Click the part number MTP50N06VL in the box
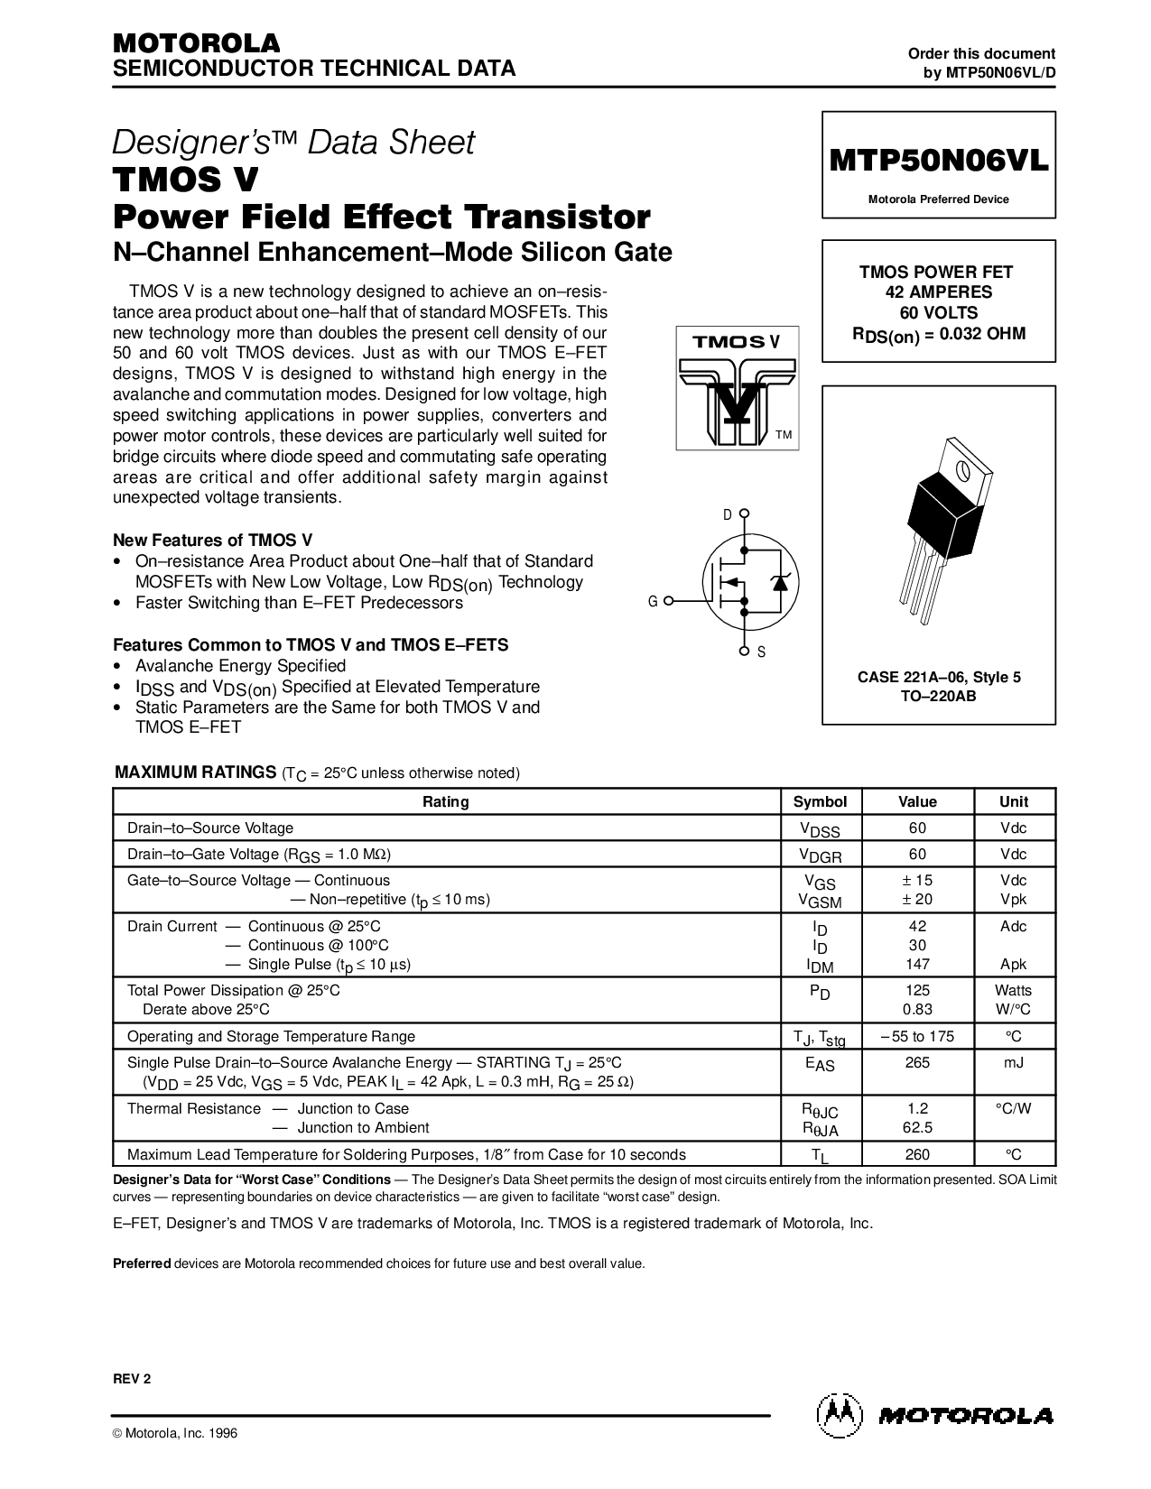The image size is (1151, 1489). (939, 161)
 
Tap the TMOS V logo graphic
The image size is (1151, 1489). (737, 388)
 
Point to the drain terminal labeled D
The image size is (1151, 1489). (745, 513)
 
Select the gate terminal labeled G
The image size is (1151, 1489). (668, 601)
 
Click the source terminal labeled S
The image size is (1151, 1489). (745, 651)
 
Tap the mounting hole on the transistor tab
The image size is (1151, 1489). (961, 470)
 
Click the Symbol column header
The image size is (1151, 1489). (820, 801)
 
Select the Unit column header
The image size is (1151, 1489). (1014, 801)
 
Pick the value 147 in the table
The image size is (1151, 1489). (917, 964)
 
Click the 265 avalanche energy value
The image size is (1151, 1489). (917, 1063)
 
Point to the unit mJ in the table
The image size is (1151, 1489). (1014, 1063)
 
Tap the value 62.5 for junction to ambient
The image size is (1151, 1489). (917, 1127)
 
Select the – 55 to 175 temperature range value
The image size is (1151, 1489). (917, 1037)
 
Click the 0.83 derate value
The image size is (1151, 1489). (917, 1009)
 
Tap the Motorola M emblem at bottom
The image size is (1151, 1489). (839, 1415)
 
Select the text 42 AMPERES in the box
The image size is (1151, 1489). (939, 291)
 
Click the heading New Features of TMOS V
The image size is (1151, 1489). (212, 540)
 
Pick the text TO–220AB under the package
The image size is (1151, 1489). (939, 696)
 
